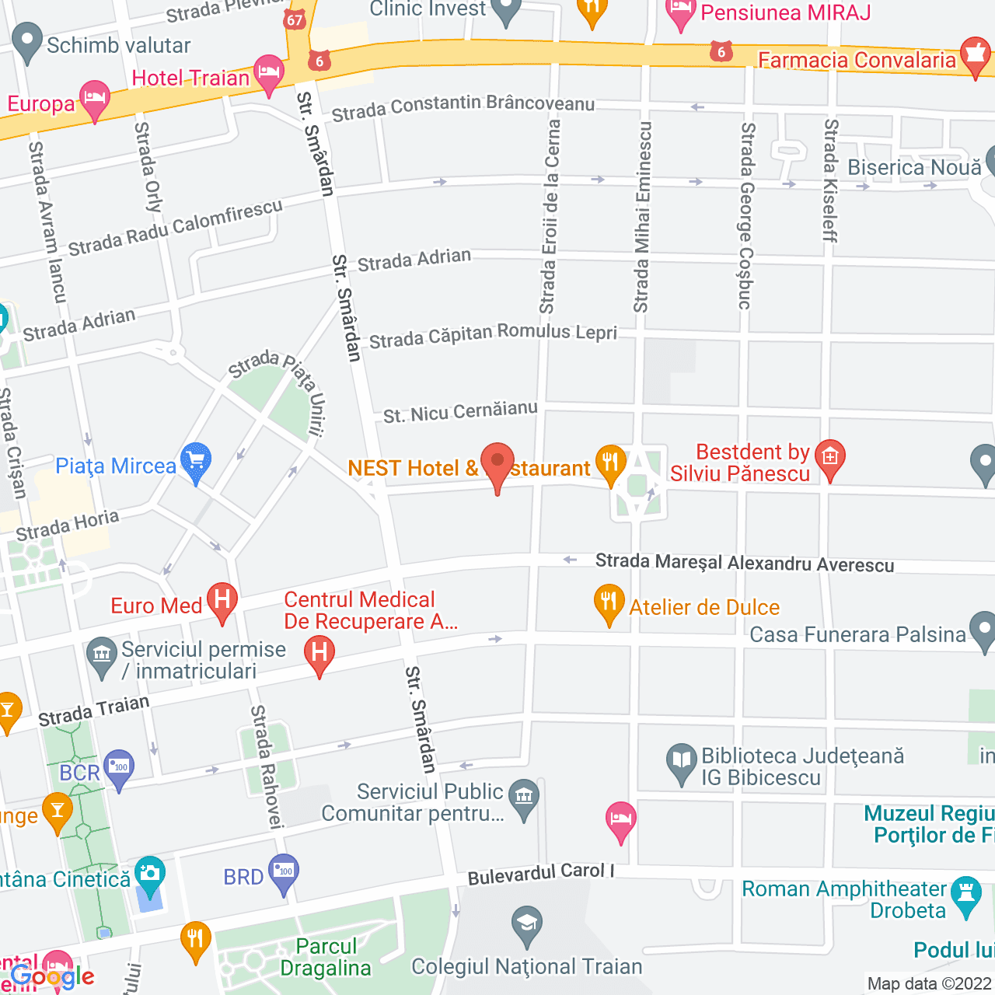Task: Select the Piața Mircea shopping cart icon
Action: click(196, 461)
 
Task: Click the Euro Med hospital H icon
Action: click(222, 601)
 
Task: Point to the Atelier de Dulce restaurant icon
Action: click(609, 602)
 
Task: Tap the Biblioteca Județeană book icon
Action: click(682, 762)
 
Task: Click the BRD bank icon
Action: click(284, 872)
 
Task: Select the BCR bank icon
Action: click(119, 768)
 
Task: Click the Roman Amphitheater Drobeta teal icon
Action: click(966, 895)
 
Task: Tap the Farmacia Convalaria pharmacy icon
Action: click(976, 55)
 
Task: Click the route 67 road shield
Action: click(295, 19)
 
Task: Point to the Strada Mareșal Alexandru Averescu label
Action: click(744, 564)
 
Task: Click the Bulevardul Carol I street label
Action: click(540, 874)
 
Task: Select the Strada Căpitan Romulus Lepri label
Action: click(493, 336)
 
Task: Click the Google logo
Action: click(52, 977)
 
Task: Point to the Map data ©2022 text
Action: click(928, 983)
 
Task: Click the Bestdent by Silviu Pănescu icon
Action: click(830, 458)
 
